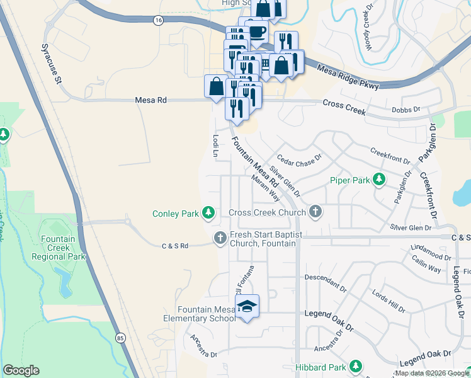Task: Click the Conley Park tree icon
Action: (208, 214)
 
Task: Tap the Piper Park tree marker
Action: (379, 181)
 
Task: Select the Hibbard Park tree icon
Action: (356, 367)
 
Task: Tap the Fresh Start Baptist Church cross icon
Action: (220, 238)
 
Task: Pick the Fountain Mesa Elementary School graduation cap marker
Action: (247, 307)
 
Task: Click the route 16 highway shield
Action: (158, 21)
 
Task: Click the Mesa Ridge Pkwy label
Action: (348, 77)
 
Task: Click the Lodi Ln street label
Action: (215, 145)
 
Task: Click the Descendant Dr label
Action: (326, 277)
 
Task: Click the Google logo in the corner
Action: (21, 370)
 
